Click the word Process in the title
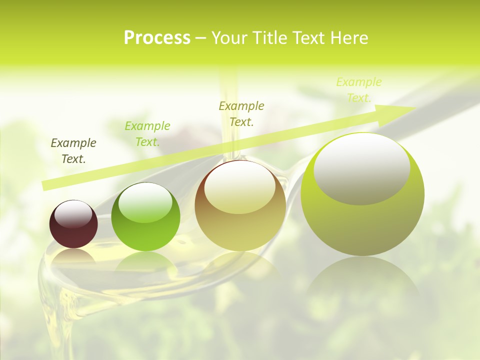pyautogui.click(x=157, y=38)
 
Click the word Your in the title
pyautogui.click(x=229, y=38)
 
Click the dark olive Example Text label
pyautogui.click(x=73, y=150)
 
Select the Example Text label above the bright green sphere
pyautogui.click(x=147, y=133)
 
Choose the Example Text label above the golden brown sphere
pyautogui.click(x=241, y=113)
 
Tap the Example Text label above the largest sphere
pyautogui.click(x=359, y=89)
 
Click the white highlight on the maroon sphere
pyautogui.click(x=73, y=213)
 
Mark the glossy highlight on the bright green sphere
pyautogui.click(x=145, y=202)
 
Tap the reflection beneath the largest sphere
pyautogui.click(x=362, y=280)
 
